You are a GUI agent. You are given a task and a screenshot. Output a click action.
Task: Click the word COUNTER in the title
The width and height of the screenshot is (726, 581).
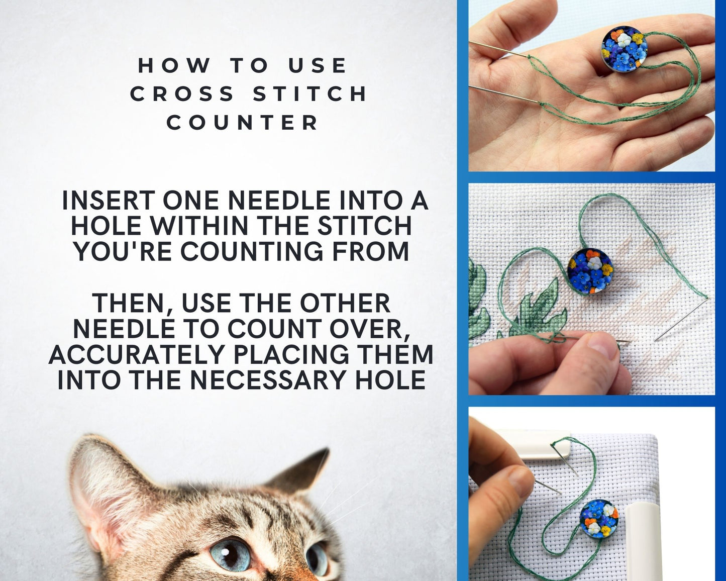pos(243,122)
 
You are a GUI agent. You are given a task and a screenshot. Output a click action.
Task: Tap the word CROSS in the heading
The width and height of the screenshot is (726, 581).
pos(182,93)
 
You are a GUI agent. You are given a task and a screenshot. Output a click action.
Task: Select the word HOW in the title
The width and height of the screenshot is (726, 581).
pos(174,65)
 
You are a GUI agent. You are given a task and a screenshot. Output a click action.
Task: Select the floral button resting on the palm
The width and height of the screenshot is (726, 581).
pos(625,49)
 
